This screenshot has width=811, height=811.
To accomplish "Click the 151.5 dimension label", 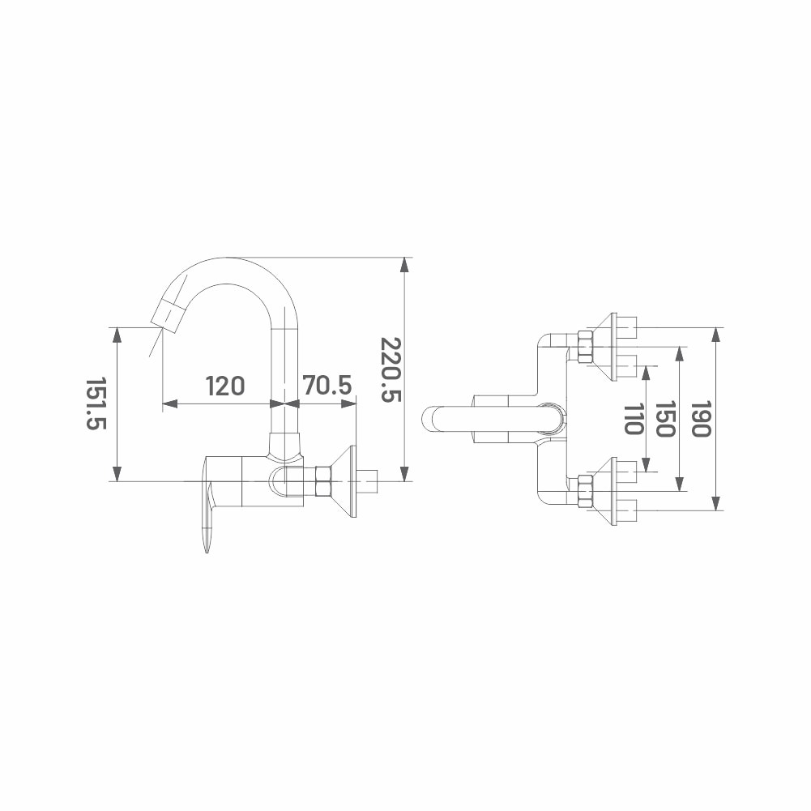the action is (96, 403).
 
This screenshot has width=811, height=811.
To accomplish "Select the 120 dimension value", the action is (225, 386).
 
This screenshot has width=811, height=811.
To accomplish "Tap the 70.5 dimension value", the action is (327, 386).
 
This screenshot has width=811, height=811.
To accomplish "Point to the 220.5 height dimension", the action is (391, 369).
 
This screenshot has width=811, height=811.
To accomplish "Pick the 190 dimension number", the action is (701, 418).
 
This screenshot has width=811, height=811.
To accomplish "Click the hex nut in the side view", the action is (322, 481).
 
